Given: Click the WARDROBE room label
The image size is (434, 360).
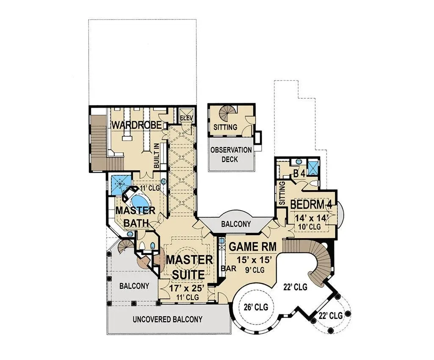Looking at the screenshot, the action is click(136, 125).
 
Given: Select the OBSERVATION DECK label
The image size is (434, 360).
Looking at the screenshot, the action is click(231, 155).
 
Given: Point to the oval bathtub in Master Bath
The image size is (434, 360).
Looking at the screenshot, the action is click(139, 200).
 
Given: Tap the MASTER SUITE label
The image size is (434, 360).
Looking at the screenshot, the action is click(189, 267).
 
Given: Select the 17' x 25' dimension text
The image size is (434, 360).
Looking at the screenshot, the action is click(187, 288).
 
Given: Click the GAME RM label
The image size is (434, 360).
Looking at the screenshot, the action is click(253, 246).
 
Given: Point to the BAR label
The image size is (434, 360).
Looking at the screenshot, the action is click(229, 268).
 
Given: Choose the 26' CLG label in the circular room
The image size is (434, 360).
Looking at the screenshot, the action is click(256, 307).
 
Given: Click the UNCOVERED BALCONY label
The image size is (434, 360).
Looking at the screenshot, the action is click(167, 319).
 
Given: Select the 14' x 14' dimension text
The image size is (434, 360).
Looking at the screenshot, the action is click(311, 217).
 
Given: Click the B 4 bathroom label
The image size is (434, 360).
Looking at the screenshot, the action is click(299, 174).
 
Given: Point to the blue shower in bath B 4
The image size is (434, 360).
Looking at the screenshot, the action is click(313, 167).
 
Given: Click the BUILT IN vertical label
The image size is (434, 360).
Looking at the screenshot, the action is click(156, 155).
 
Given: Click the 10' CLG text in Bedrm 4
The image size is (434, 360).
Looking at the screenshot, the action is click(309, 227).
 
